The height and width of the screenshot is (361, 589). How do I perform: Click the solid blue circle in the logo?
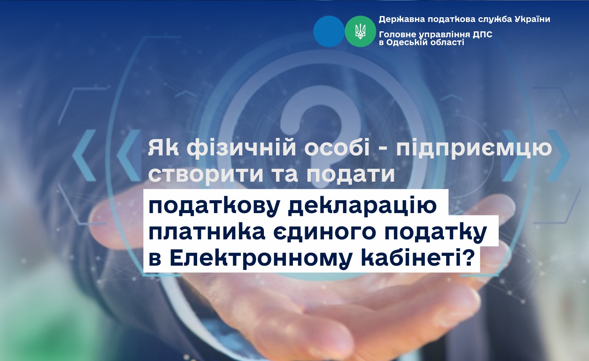point(329,31)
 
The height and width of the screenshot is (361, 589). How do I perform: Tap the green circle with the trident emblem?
point(360,31)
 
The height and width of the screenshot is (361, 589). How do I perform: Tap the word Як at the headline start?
point(163,148)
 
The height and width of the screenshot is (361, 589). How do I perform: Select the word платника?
point(207,232)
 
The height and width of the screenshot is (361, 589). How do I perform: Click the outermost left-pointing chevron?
point(84,155)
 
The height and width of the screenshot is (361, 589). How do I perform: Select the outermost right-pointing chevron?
point(558,155)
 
